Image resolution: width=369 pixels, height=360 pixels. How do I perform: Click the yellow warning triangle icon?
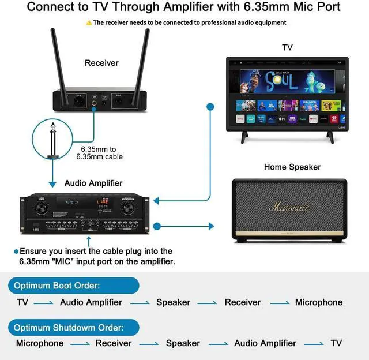89,23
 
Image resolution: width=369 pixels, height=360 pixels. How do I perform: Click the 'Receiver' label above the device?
101,63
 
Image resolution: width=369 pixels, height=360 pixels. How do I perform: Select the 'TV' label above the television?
287,47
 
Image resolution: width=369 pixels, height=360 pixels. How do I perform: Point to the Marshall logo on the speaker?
289,207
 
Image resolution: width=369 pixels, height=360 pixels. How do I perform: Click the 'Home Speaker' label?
292,167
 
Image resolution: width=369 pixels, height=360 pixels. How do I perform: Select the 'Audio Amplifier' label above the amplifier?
93,183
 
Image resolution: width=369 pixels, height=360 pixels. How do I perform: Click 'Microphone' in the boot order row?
319,302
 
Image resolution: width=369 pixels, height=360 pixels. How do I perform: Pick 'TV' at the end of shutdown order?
336,343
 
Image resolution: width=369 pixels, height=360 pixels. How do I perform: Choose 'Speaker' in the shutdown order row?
183,343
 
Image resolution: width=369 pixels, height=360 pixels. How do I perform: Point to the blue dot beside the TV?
210,107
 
